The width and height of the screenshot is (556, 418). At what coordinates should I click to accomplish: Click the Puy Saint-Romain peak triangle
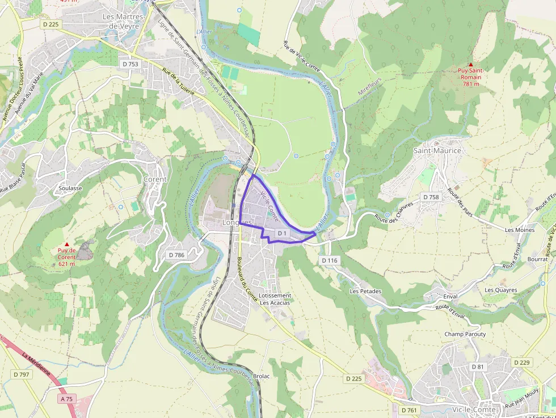point(470,65)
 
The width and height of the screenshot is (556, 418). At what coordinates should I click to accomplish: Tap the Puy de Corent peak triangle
point(66,244)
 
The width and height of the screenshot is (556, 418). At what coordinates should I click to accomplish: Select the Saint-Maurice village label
point(437,151)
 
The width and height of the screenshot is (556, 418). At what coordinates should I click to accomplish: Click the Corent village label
point(155,179)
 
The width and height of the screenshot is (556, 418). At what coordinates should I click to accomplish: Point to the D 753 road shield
point(130,64)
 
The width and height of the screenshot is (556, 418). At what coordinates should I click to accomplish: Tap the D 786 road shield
point(177,255)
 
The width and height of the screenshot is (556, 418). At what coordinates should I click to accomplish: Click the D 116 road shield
point(329,260)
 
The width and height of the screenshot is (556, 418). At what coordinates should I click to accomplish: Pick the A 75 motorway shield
point(66,399)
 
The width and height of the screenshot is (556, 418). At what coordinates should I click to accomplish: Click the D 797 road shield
point(21,374)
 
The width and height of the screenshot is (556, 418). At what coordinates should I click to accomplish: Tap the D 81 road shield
point(478,367)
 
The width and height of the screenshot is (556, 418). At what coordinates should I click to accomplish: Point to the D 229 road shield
point(521,362)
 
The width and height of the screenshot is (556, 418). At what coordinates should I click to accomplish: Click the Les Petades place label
point(365,292)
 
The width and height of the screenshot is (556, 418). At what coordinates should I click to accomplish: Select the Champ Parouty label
point(465,334)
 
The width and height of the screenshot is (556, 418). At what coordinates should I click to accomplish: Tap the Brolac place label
point(261,376)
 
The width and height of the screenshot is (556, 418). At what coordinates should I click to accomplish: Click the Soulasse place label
point(70,188)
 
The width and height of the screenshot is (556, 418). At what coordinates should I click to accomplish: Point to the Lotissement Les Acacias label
point(275,299)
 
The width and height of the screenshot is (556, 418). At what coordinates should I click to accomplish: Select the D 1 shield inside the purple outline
point(282,233)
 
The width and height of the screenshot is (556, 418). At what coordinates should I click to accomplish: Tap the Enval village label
point(450,297)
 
